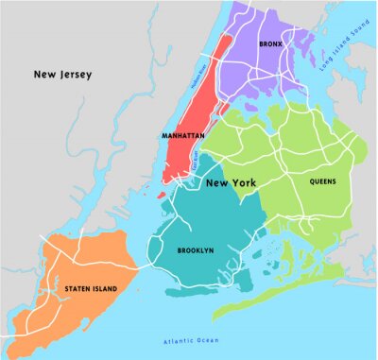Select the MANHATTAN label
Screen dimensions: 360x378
182,135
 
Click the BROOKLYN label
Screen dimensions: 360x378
195,250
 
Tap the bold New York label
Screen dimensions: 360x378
232,182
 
